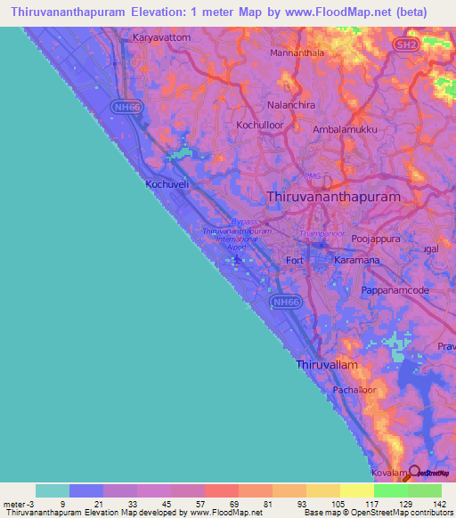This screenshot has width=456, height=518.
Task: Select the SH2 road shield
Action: pos(406,45)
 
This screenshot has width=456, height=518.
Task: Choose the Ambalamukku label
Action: pos(343,129)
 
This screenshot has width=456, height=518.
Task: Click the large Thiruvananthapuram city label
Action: pos(334,196)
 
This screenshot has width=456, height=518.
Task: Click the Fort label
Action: pos(295,260)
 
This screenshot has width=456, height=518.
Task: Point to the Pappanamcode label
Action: pos(396,291)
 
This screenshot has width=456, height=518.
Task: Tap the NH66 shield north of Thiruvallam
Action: pos(286,303)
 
